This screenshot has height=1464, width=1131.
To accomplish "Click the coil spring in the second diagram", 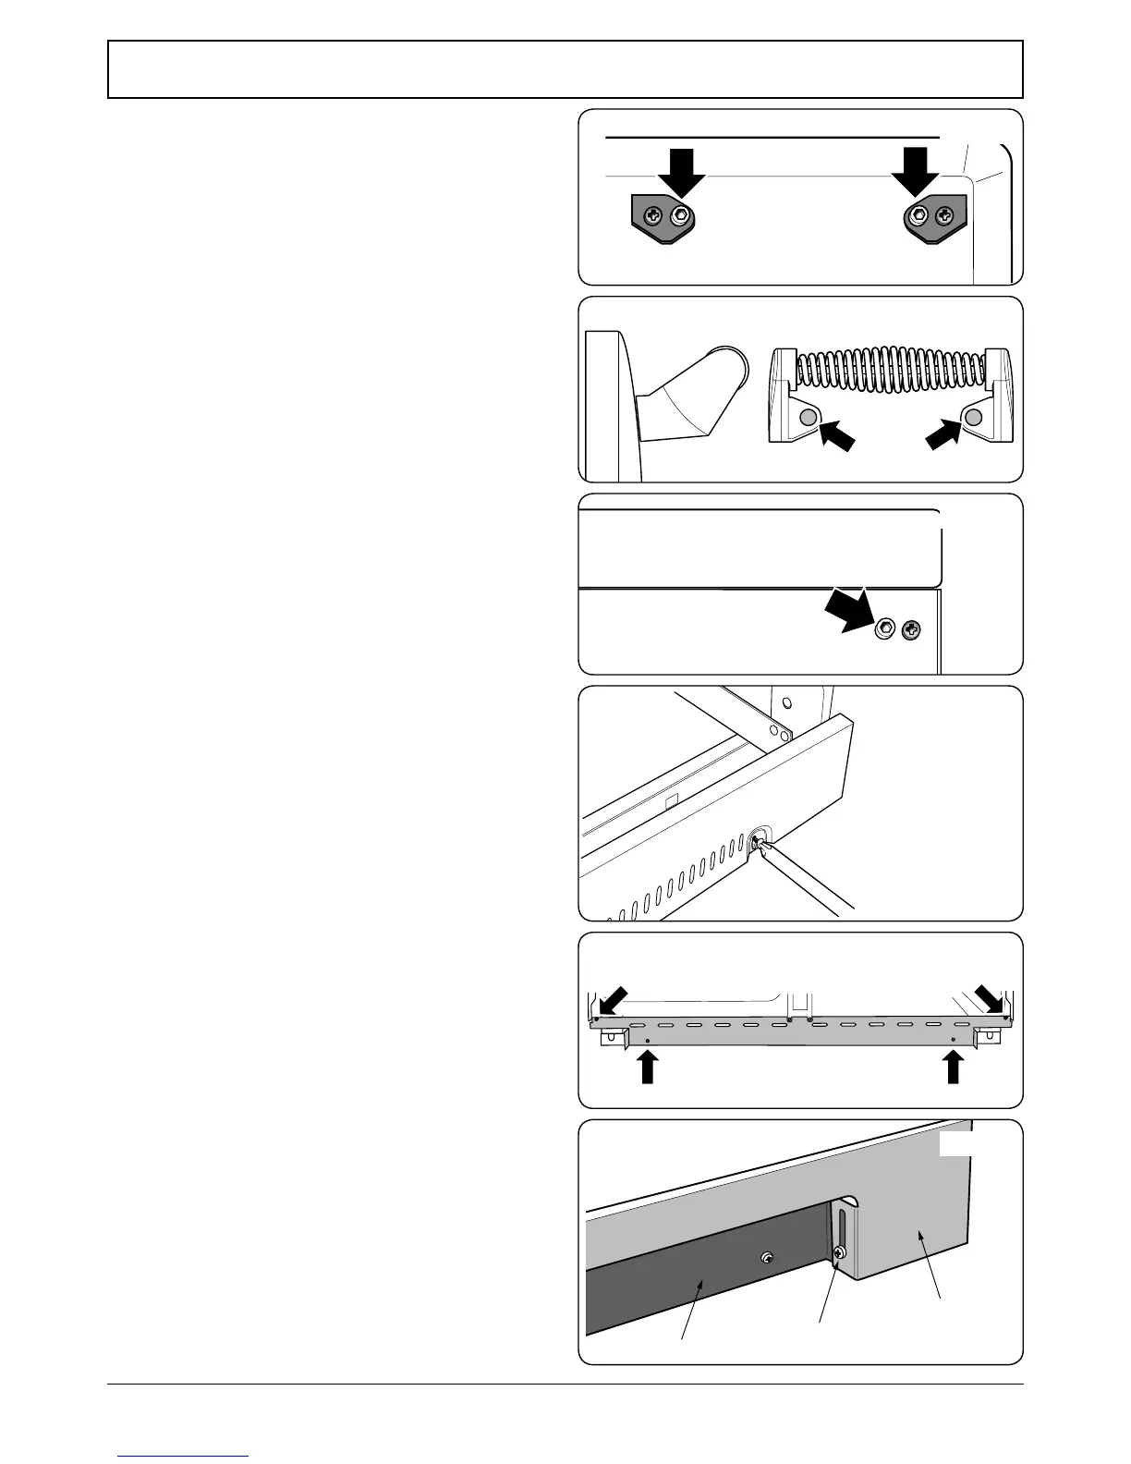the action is pos(892,371).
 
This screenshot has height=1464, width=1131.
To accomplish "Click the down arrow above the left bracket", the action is pos(679,171).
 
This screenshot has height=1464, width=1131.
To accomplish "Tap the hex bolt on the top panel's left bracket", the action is pos(682,216).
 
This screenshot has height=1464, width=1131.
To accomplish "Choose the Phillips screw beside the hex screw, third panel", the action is pos(911,630).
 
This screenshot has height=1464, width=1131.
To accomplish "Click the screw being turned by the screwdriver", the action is pos(759,840).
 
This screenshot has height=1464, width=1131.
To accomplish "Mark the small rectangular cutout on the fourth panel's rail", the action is pos(672,796).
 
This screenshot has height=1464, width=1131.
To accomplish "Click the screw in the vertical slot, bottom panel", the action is pos(839,1253).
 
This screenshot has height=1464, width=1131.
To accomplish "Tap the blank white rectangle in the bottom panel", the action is pos(955,1144).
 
